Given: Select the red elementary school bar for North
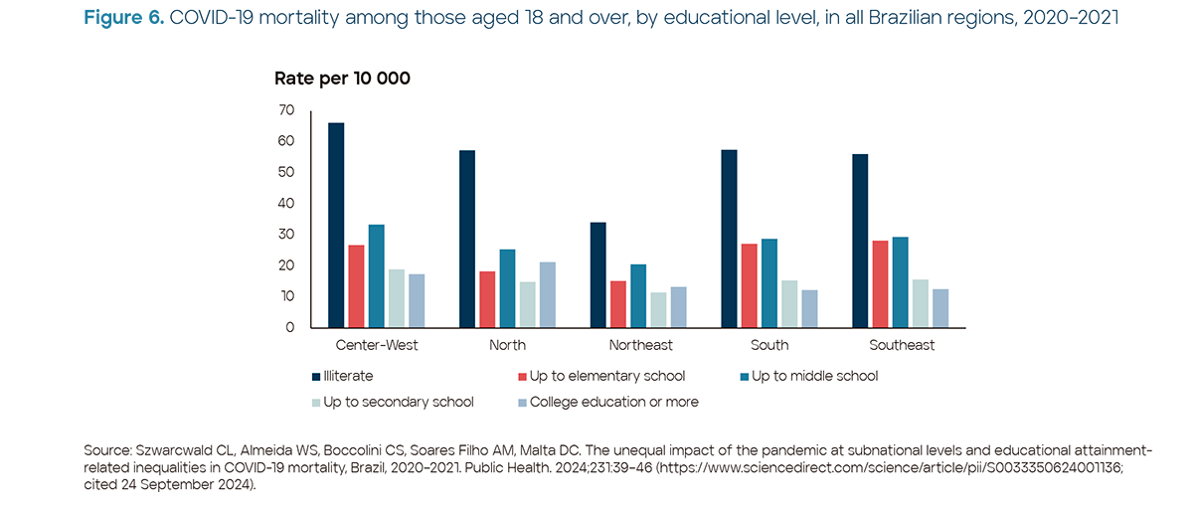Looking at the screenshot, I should click(x=487, y=299).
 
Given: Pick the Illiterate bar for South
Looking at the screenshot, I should click(x=729, y=239).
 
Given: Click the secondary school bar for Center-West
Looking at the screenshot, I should click(x=396, y=298).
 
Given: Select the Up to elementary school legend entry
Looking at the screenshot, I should click(x=606, y=377).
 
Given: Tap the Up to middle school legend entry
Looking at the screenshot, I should click(x=814, y=377).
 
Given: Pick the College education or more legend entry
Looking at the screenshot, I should click(x=613, y=402).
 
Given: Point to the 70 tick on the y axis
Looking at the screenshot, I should click(x=286, y=109).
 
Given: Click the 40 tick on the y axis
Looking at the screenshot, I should click(x=286, y=203).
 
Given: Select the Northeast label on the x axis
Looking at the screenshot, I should click(x=640, y=346).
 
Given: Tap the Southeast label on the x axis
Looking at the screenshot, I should click(x=902, y=346).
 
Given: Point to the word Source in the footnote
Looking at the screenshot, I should click(x=106, y=451).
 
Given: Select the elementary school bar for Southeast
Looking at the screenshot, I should click(x=880, y=284).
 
